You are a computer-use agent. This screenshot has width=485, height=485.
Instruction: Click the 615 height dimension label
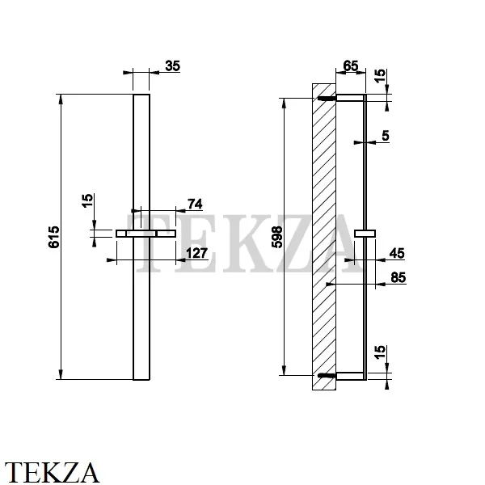(54, 237)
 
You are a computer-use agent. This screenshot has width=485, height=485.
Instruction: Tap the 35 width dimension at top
(173, 66)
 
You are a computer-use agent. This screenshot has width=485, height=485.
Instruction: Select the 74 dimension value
(195, 205)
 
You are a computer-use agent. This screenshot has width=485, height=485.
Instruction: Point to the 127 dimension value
(196, 253)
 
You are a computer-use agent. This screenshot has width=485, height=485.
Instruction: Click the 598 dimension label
(277, 237)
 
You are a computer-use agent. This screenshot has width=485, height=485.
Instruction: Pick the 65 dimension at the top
(351, 66)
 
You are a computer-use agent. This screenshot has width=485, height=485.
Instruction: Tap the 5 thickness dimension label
(386, 136)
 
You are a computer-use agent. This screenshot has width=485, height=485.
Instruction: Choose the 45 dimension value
(397, 253)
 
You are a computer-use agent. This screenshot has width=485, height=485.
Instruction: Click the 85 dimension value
(398, 277)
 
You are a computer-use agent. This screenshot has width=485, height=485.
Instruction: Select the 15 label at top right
(380, 75)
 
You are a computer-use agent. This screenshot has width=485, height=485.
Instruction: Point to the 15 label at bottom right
(380, 352)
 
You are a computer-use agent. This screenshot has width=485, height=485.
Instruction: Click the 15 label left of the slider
(88, 200)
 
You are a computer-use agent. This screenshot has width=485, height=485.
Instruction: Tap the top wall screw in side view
(327, 98)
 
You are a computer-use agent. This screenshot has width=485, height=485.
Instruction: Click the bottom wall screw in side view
(327, 376)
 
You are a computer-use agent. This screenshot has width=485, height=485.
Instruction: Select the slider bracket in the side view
(365, 234)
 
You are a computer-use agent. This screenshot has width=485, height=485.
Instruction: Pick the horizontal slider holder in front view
(146, 234)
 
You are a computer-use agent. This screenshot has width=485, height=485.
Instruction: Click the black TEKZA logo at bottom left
(52, 472)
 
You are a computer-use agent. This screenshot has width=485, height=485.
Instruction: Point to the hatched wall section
(324, 237)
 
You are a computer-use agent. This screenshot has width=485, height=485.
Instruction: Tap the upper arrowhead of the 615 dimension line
(61, 99)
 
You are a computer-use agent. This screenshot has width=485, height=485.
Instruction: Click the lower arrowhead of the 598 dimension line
(285, 370)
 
